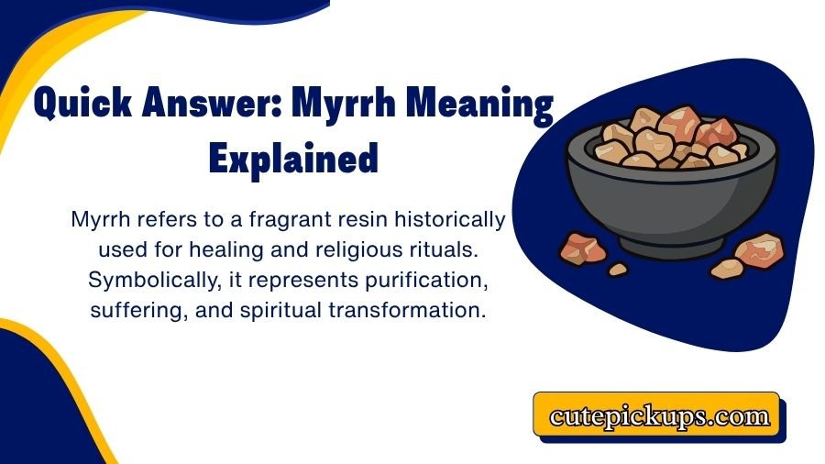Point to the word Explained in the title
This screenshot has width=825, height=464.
tap(293, 159)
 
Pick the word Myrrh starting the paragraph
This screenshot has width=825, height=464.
tap(102, 220)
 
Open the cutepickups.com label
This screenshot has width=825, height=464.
tap(659, 416)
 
